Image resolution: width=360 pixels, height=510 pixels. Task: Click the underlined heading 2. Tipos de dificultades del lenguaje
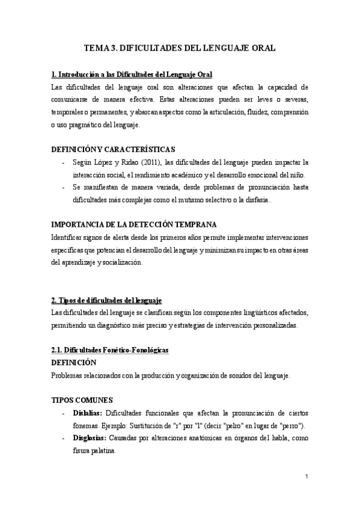click(106, 300)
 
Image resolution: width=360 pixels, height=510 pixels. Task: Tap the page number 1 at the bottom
click(307, 477)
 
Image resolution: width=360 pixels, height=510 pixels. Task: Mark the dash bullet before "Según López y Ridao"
click(64, 162)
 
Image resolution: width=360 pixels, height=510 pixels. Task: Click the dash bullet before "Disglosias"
click(64, 438)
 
